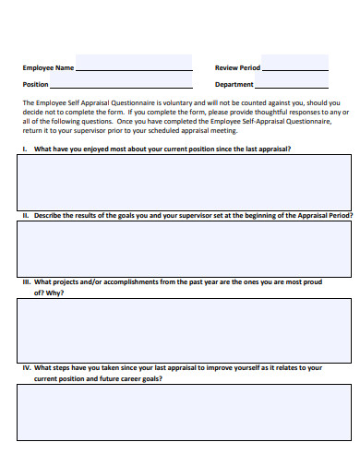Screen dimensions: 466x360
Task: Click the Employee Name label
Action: [x=48, y=68]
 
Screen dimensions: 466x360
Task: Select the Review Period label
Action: [x=237, y=68]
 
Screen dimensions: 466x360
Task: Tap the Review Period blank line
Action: [x=295, y=66]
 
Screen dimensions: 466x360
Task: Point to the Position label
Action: [x=37, y=84]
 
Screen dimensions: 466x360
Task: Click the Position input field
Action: [x=134, y=82]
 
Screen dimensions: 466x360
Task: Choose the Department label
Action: [x=234, y=84]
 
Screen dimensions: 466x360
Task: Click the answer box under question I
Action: [x=183, y=183]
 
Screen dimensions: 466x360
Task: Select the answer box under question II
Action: [x=183, y=249]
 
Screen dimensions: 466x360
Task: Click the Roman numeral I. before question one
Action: [x=25, y=148]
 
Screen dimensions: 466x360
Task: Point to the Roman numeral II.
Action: [x=26, y=215]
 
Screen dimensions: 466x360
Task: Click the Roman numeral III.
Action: [x=28, y=282]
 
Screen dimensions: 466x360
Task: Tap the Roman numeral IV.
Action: [x=28, y=367]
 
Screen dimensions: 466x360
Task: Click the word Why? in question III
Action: [x=54, y=293]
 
